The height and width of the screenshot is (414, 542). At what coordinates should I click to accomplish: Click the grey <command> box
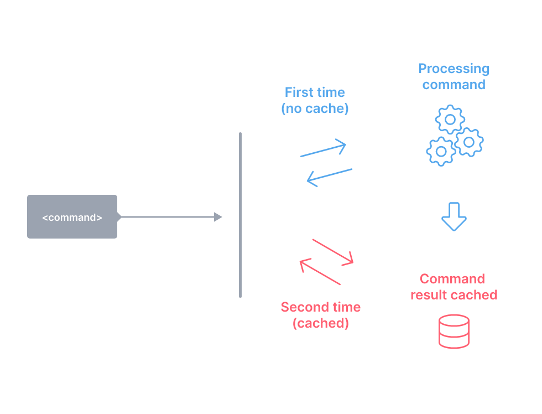[x=72, y=217]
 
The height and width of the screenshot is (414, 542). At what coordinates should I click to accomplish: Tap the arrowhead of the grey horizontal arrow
[x=218, y=217]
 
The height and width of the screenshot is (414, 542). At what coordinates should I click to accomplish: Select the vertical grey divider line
[x=240, y=216]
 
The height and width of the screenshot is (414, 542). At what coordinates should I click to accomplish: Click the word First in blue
[x=299, y=92]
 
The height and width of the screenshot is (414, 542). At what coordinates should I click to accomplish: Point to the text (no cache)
[x=315, y=108]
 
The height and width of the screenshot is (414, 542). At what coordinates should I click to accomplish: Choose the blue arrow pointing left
[x=330, y=177]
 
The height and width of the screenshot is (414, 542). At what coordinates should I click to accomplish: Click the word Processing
[x=454, y=69]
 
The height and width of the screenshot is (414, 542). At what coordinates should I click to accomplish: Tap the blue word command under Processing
[x=454, y=85]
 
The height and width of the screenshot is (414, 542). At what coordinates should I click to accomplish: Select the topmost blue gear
[x=450, y=119]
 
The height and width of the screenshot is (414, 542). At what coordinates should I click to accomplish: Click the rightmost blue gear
[x=469, y=142]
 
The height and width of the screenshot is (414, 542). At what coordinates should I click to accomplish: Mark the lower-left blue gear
[x=441, y=151]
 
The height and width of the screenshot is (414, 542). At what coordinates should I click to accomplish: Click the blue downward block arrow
[x=454, y=216]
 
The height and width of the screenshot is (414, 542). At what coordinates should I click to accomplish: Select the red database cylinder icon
[x=454, y=332]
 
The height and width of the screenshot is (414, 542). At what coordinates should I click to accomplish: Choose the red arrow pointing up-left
[x=320, y=272]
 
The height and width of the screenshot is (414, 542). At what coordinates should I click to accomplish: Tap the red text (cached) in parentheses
[x=321, y=323]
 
